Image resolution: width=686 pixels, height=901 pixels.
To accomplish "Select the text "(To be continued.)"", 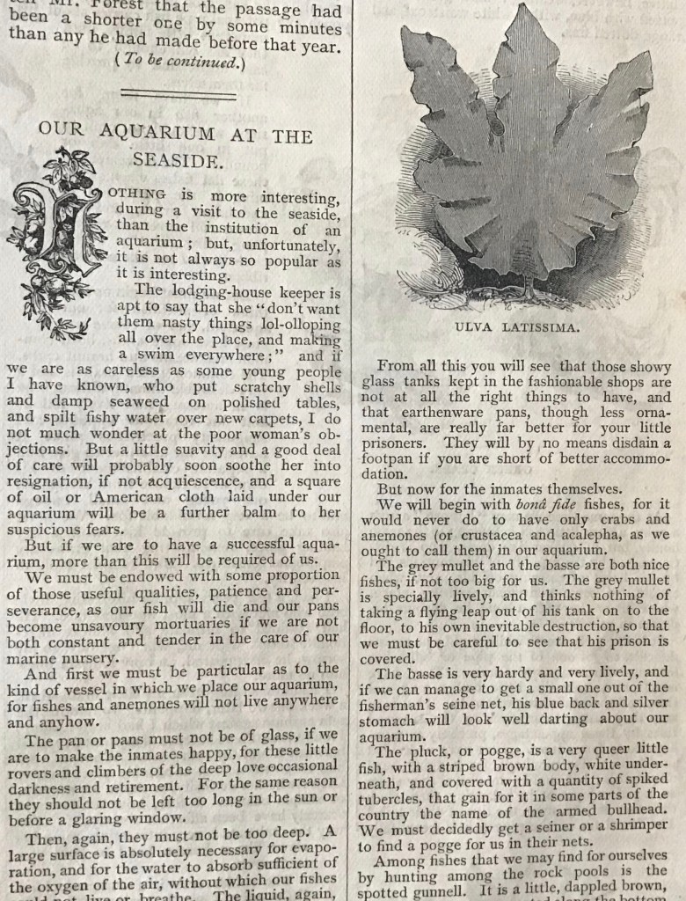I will click(x=179, y=62).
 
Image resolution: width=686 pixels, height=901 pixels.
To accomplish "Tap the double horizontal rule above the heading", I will click(x=179, y=93).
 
